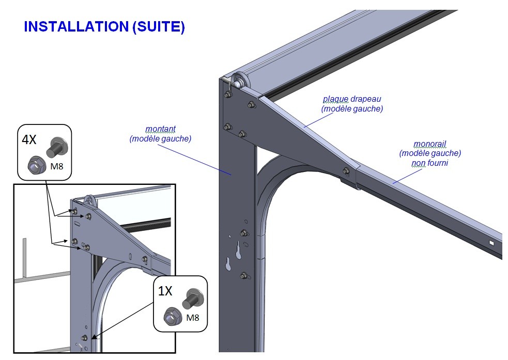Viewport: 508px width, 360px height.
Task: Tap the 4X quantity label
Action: click(29, 139)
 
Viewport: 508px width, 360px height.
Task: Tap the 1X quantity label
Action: click(165, 291)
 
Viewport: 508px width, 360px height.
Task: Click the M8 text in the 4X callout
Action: click(55, 166)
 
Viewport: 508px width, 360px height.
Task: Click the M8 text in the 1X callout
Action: click(192, 317)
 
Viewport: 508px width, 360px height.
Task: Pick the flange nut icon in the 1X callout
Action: click(171, 316)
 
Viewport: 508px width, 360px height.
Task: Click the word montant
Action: click(160, 129)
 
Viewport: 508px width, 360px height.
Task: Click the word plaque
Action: click(335, 99)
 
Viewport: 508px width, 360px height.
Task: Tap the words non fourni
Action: click(430, 163)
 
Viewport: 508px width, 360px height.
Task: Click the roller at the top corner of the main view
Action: click(239, 80)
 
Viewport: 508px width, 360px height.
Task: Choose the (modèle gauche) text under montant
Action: click(160, 138)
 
